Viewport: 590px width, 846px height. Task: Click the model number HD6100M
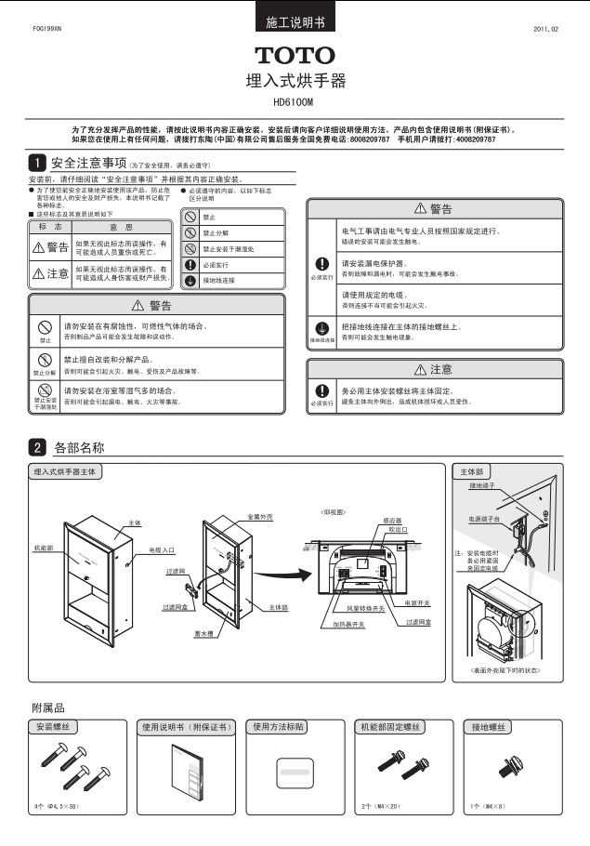click(x=295, y=102)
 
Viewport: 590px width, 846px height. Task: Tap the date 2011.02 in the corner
click(x=546, y=30)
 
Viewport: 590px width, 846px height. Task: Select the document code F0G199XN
click(x=46, y=30)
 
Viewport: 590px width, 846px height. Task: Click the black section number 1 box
click(x=37, y=162)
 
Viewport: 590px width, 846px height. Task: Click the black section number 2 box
click(x=37, y=448)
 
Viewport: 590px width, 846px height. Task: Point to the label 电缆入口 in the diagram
click(x=162, y=550)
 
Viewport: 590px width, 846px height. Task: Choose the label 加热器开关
click(x=348, y=625)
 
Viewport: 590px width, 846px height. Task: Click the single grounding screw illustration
click(x=508, y=766)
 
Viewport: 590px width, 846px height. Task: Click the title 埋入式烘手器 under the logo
click(x=295, y=81)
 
